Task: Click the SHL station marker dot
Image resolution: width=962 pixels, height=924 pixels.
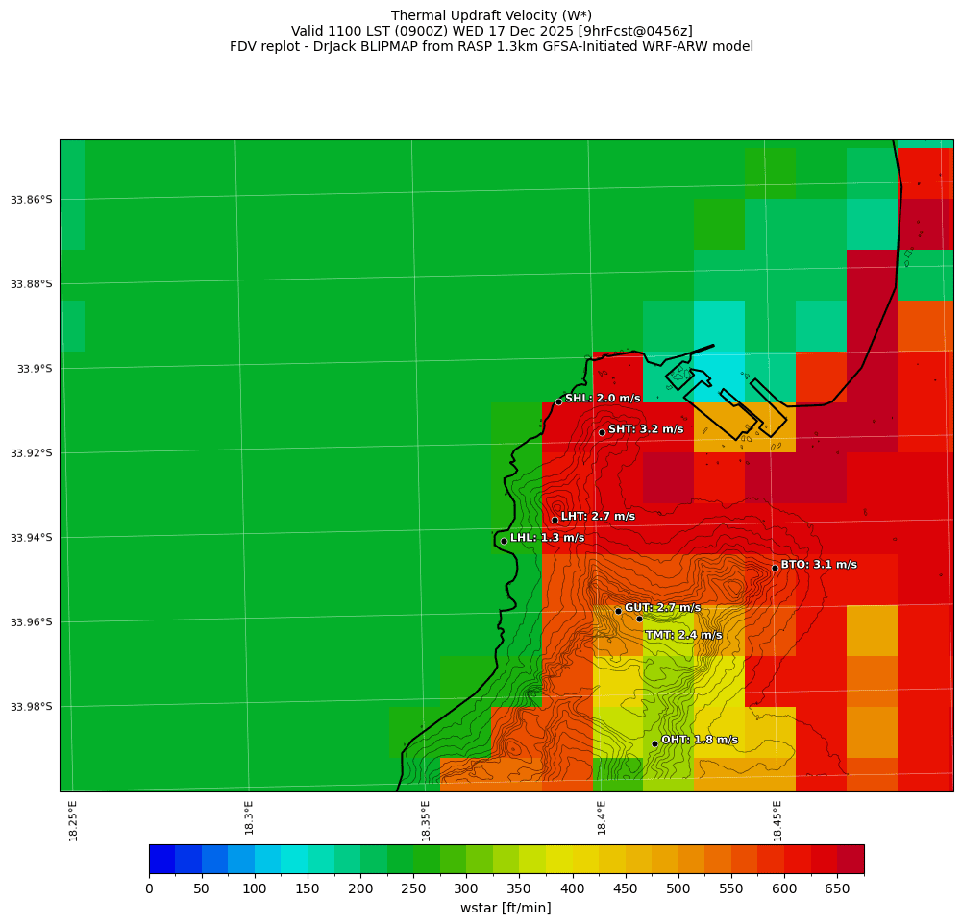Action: [558, 401]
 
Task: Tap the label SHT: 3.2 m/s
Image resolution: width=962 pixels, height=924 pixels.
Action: [646, 429]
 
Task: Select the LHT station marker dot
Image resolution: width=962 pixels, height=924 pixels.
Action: [555, 520]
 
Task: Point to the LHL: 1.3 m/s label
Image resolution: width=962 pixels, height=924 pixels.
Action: [547, 538]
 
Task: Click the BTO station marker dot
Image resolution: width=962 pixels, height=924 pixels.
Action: [775, 568]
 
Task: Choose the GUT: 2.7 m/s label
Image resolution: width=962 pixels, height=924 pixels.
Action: [662, 608]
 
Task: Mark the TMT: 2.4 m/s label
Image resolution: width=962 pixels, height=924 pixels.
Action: [683, 635]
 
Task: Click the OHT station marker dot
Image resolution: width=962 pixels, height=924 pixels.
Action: [654, 743]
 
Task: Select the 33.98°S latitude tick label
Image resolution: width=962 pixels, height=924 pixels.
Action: [31, 707]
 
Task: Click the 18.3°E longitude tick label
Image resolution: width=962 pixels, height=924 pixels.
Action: [249, 817]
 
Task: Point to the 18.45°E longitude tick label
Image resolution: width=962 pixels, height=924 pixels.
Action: [777, 820]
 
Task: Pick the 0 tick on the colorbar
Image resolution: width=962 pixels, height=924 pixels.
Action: [149, 889]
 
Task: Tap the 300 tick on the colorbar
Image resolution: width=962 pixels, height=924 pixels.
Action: [466, 889]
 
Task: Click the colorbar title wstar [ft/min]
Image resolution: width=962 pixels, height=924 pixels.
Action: [506, 908]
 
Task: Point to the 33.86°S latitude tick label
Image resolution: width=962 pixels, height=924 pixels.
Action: [31, 200]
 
